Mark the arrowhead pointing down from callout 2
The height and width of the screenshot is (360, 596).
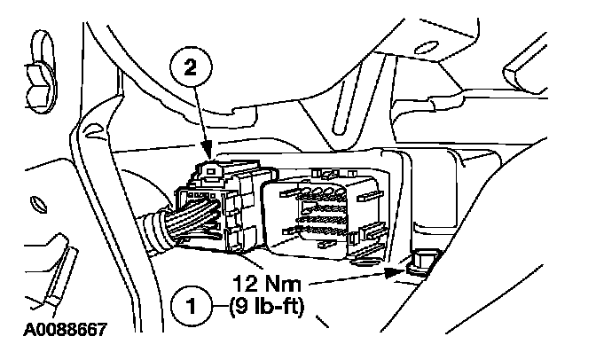tap(206, 151)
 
